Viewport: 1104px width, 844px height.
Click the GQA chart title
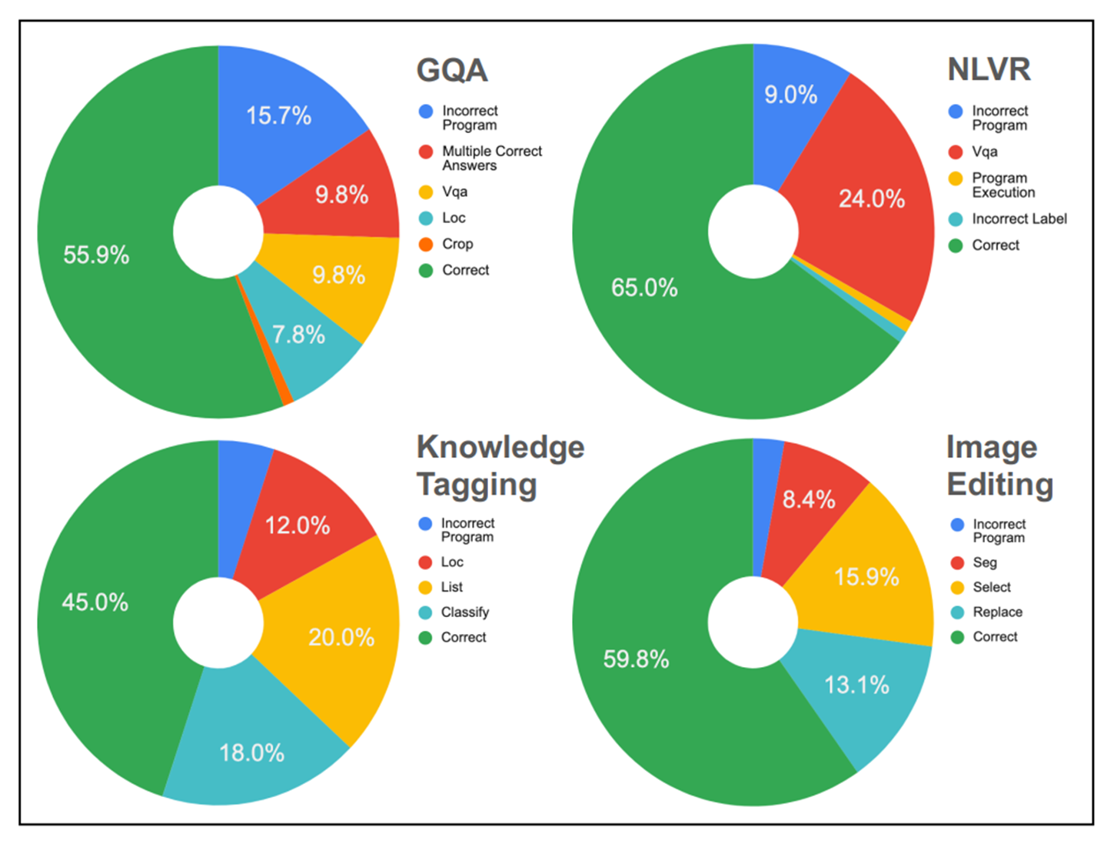tap(452, 71)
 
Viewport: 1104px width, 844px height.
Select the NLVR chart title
tap(989, 69)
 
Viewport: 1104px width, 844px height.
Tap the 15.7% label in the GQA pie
tap(278, 116)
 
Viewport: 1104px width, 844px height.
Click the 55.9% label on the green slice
tap(96, 255)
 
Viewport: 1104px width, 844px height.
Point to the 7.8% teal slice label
tap(298, 335)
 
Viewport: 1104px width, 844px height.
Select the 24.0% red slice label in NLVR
tap(871, 199)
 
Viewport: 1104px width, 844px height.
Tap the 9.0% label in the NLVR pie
tap(790, 95)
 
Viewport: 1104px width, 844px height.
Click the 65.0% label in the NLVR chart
tap(644, 288)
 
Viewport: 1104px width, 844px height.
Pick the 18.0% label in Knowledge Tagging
tap(251, 752)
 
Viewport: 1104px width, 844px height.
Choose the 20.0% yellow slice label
tap(341, 637)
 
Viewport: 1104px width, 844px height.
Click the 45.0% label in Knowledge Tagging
tap(95, 602)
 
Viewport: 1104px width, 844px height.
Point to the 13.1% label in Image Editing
tap(856, 685)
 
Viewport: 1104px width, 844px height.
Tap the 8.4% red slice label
tap(809, 500)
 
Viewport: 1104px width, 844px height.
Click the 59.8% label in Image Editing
tap(636, 659)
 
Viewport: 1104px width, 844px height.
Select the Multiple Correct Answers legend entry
tap(491, 158)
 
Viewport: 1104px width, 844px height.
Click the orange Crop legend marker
tap(426, 245)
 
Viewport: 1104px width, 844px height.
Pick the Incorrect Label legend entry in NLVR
tap(1019, 219)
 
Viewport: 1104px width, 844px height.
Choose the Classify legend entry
tap(464, 612)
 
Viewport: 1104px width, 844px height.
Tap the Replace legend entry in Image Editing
tap(997, 612)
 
